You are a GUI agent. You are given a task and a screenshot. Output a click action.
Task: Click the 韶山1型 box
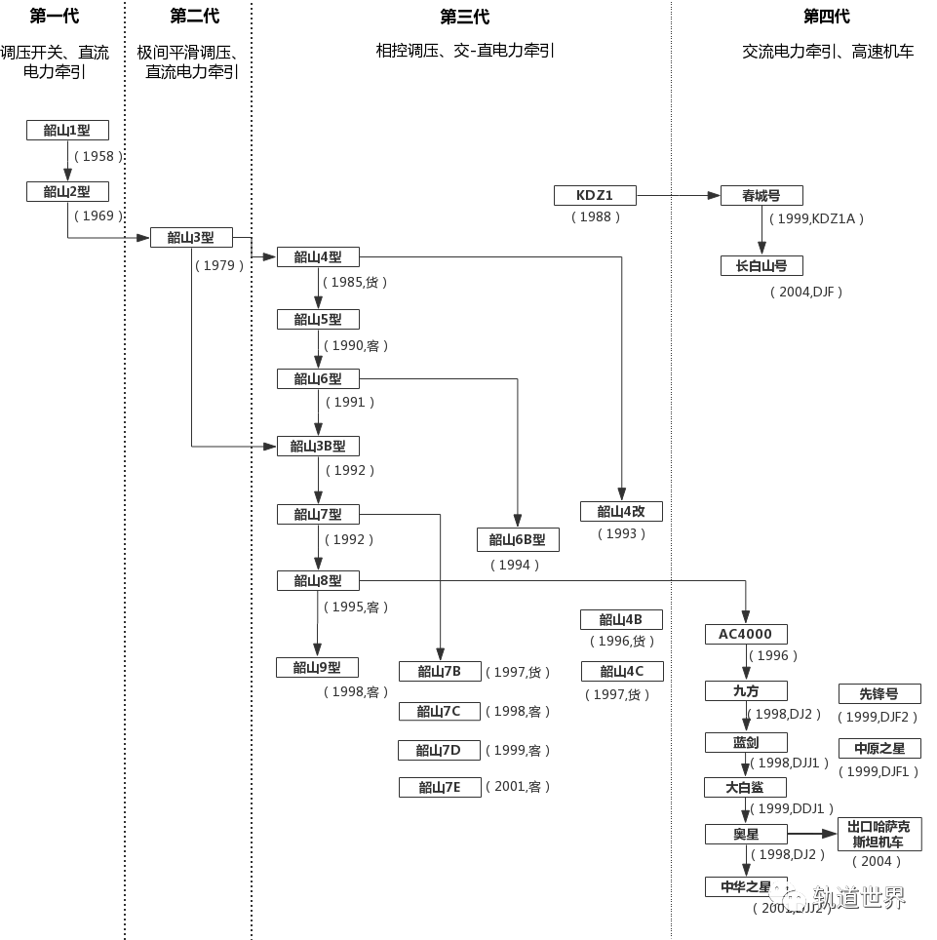point(66,131)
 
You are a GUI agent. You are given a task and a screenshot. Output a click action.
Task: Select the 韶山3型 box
point(191,237)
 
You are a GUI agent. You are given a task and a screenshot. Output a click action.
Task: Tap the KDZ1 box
point(595,195)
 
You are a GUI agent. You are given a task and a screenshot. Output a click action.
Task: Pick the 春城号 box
point(761,195)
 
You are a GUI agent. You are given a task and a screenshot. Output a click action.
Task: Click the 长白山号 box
point(761,265)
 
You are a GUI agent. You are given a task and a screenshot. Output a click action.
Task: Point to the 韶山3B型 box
point(318,447)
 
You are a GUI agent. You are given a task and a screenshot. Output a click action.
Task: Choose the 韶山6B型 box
point(517,539)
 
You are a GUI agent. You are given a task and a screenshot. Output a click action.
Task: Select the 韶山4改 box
point(621,511)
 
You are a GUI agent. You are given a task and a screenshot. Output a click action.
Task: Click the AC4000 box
point(746,634)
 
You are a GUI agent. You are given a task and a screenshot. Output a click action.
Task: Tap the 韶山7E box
point(440,787)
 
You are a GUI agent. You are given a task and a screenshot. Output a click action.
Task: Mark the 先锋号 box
point(878,694)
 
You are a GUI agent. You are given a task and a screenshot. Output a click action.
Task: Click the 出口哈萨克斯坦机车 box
point(878,835)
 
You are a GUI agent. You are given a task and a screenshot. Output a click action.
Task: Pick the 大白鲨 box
point(746,787)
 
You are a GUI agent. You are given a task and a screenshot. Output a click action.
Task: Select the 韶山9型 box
point(318,668)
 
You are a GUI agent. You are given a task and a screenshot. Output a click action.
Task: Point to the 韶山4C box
point(621,671)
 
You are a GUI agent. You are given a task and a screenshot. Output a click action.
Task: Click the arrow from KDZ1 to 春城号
point(679,195)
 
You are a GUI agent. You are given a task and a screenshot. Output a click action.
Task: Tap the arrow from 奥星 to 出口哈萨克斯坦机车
point(812,834)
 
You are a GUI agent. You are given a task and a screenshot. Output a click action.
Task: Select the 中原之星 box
point(878,749)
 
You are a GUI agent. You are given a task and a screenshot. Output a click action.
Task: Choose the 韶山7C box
point(440,712)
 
